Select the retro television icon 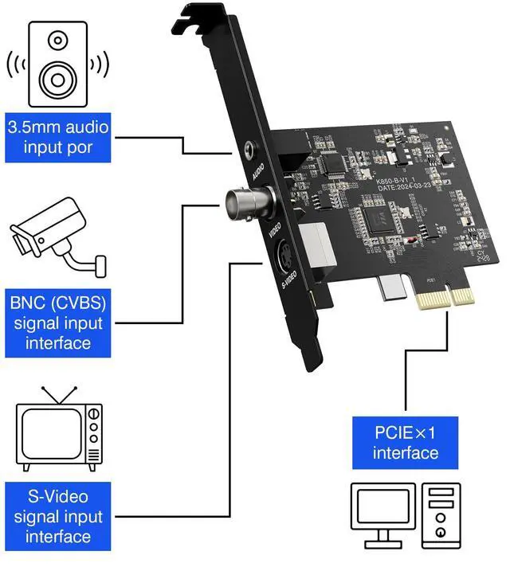point(61,430)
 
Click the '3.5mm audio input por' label point(57,137)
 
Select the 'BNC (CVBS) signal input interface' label point(57,324)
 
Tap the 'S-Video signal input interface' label point(57,515)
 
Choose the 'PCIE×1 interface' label point(406,444)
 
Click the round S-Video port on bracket point(285,256)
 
